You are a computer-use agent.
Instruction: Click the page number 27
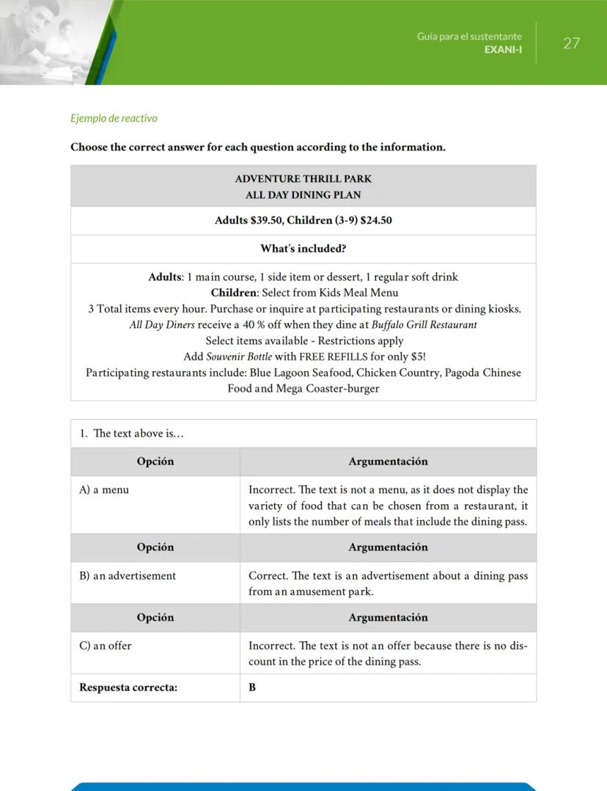(x=571, y=43)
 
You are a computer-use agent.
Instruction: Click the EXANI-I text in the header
(x=503, y=49)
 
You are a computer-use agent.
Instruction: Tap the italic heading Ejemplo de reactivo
(x=114, y=118)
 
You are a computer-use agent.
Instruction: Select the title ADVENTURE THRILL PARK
(x=303, y=178)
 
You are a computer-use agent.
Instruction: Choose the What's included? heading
(x=303, y=249)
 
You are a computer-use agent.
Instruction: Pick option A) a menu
(x=104, y=490)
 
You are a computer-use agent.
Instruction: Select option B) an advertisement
(x=128, y=576)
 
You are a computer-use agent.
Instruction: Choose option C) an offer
(x=106, y=646)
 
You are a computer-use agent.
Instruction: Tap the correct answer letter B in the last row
(x=252, y=688)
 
